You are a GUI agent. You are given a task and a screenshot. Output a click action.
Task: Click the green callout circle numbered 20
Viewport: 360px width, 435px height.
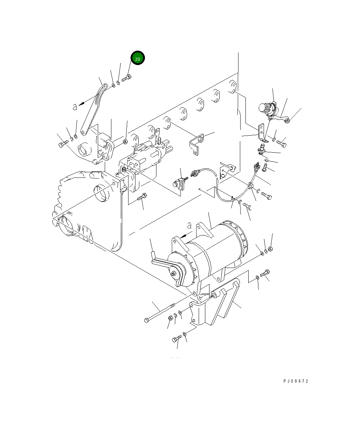tap(138, 59)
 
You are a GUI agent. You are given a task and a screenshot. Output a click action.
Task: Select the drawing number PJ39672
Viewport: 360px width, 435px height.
tap(296, 381)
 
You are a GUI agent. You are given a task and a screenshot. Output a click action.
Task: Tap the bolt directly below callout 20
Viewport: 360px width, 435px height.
tap(126, 79)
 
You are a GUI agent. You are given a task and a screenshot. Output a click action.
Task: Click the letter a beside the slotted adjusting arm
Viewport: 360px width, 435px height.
tap(74, 107)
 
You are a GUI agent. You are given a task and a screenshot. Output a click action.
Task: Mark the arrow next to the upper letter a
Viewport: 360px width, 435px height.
tap(83, 103)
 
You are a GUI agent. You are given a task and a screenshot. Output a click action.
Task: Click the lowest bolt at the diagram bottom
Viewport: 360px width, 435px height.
tap(177, 339)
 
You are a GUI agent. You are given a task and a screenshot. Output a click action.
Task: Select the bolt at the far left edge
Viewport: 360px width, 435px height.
tap(63, 143)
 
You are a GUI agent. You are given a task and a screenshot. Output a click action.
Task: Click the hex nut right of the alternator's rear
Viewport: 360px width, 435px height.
tap(271, 249)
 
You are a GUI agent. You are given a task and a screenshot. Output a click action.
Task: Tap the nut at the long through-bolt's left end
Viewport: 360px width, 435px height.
tap(170, 318)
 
